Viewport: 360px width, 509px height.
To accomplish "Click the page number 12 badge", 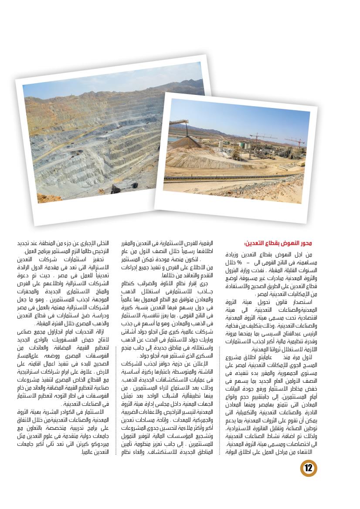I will [x=309, y=468].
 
